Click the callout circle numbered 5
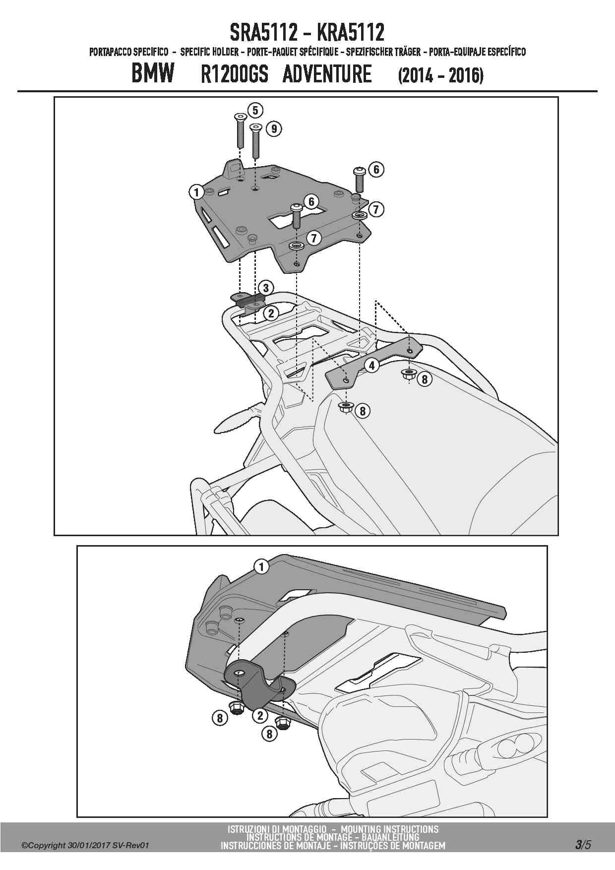click(255, 110)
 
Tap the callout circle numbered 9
click(274, 129)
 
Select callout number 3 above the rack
click(266, 288)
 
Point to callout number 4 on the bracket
click(371, 366)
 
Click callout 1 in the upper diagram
click(196, 192)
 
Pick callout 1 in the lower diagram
click(261, 566)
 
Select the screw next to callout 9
click(255, 141)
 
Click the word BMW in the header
click(153, 74)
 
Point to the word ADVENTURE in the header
click(327, 74)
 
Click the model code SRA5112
click(263, 33)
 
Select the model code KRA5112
click(350, 33)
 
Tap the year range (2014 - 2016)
click(440, 75)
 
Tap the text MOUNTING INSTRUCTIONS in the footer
click(390, 829)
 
